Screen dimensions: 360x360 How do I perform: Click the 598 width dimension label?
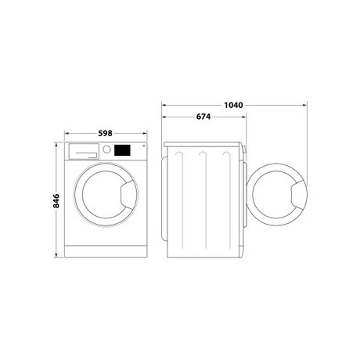click(105, 133)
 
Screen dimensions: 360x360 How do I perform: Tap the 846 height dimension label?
click(56, 200)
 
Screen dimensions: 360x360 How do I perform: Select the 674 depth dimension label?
click(203, 117)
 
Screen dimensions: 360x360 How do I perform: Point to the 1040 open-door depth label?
click(233, 105)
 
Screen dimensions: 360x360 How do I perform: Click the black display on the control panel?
click(122, 150)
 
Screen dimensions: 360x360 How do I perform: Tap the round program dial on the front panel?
click(106, 149)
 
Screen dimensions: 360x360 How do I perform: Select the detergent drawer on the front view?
click(84, 151)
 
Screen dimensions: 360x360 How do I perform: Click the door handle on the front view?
click(128, 194)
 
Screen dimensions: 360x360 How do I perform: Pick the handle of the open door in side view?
click(299, 194)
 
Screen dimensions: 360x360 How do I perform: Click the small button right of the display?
click(143, 146)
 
